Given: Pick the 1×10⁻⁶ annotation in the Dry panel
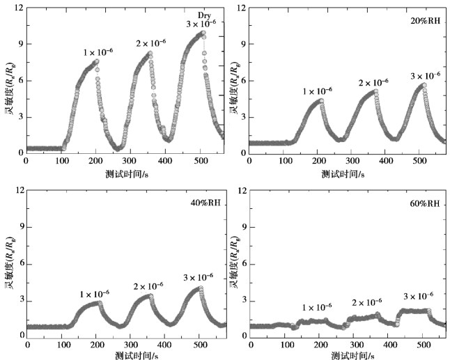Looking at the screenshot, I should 98,52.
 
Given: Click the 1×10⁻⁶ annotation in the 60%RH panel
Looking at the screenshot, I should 318,307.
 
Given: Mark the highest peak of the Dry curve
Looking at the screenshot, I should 203,32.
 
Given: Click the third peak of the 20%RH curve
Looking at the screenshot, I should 424,85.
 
